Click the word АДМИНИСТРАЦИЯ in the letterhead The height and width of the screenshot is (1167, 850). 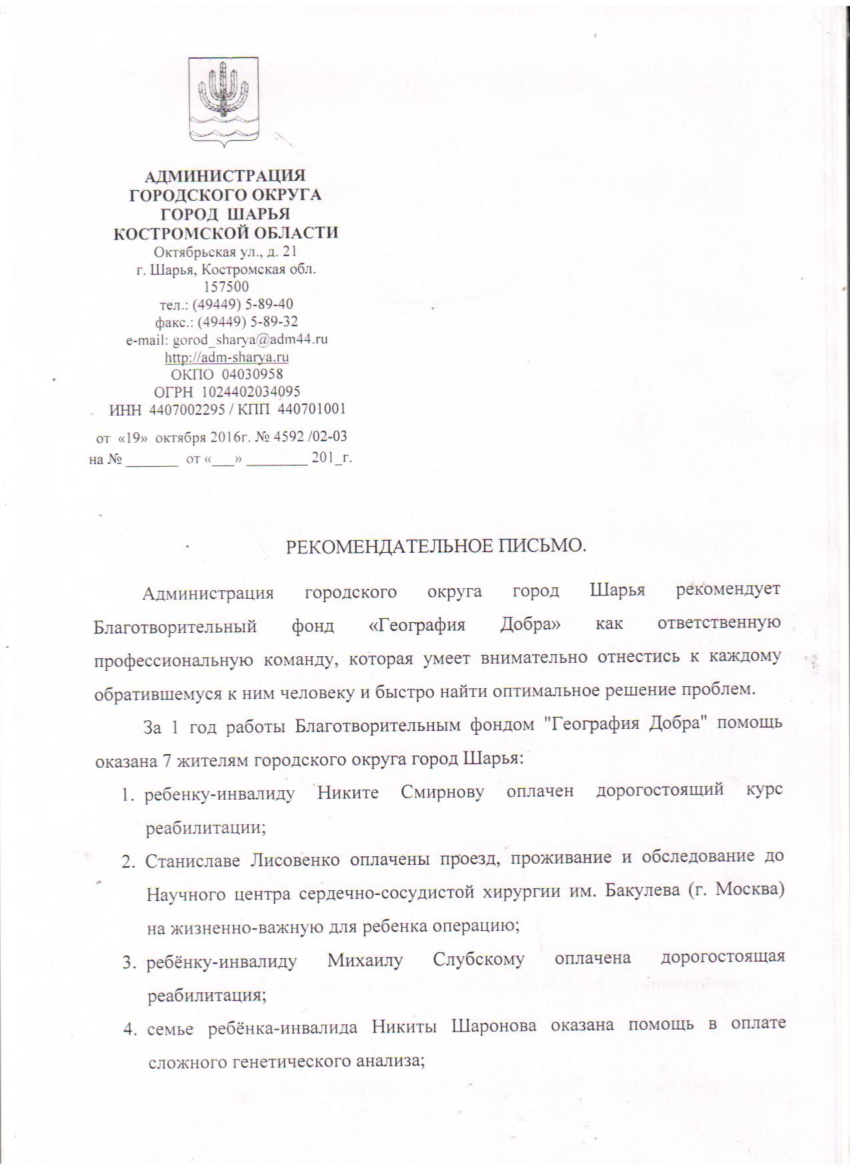[x=225, y=176]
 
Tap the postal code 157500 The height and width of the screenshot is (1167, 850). [x=227, y=287]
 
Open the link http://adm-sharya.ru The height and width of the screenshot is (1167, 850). [x=227, y=357]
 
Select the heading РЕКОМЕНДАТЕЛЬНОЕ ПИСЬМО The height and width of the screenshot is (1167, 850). [x=436, y=546]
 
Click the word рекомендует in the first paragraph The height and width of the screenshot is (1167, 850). [x=727, y=591]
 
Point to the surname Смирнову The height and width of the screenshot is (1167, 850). [x=442, y=792]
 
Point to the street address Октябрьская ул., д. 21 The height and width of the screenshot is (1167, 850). [x=225, y=252]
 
